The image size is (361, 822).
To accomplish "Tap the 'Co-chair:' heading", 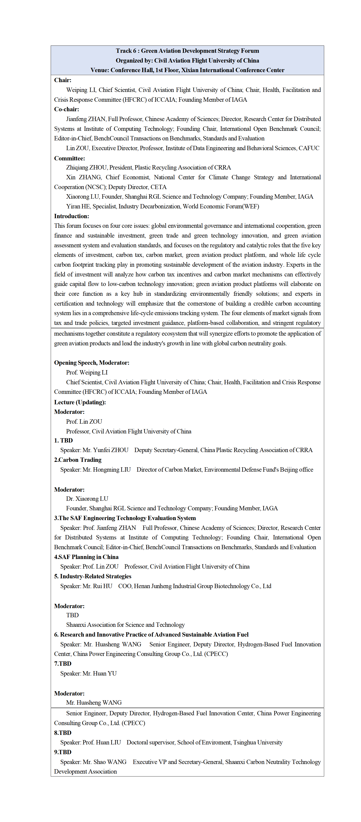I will click(x=67, y=109).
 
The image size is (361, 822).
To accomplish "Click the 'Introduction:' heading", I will click(x=71, y=216).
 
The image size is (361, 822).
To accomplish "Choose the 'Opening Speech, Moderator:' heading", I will click(x=91, y=362).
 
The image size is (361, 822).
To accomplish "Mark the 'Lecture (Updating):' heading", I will click(x=80, y=402).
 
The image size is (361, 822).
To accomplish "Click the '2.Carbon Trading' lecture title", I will click(x=78, y=460).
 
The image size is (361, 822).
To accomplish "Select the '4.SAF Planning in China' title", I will click(x=86, y=557).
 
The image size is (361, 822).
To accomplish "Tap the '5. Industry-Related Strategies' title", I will click(x=93, y=576).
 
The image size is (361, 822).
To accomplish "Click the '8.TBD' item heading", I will click(x=63, y=733).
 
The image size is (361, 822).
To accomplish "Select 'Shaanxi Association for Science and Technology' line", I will click(x=125, y=625).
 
